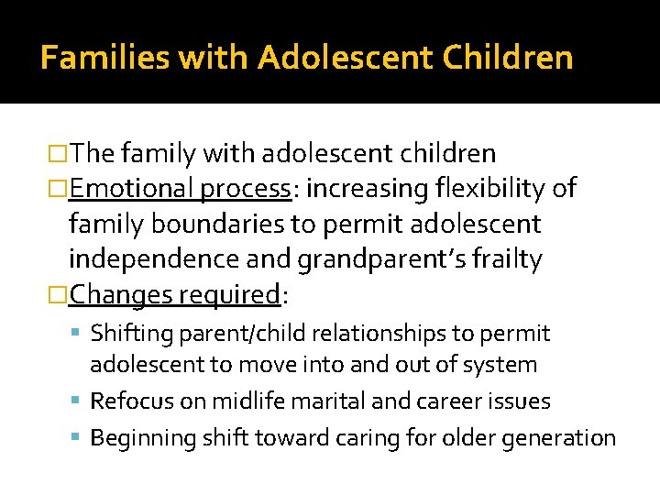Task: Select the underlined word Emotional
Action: coord(130,189)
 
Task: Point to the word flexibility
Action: coord(490,189)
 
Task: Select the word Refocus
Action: coord(127,401)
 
